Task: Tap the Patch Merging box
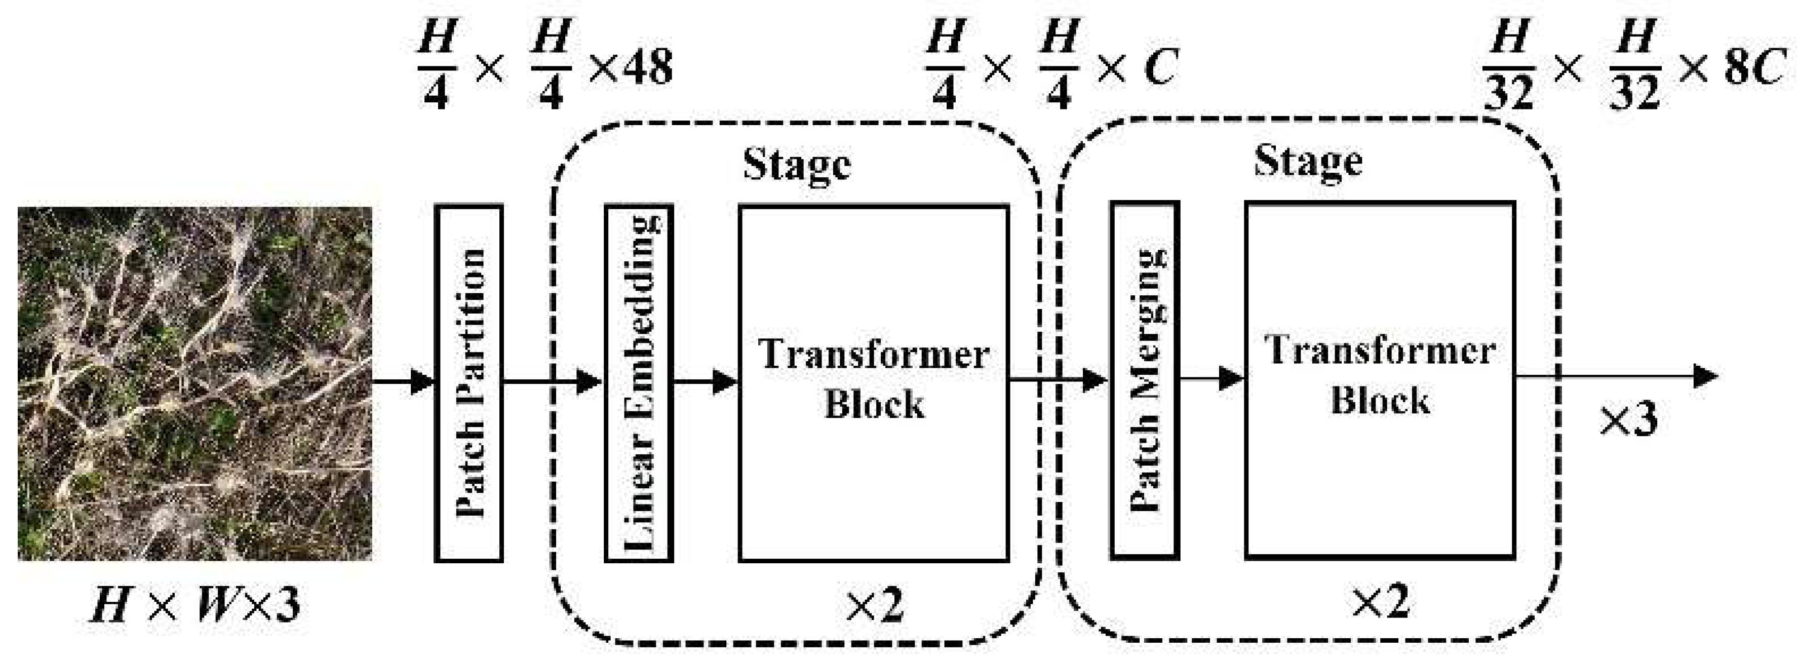click(x=1145, y=380)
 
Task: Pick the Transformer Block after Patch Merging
click(x=1380, y=380)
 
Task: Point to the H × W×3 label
click(x=196, y=604)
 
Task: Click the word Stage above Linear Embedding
click(x=797, y=165)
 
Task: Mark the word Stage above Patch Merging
click(x=1308, y=162)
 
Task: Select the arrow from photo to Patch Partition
click(x=405, y=382)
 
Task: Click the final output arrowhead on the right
click(x=1706, y=377)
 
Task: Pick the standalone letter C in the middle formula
click(x=1159, y=68)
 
